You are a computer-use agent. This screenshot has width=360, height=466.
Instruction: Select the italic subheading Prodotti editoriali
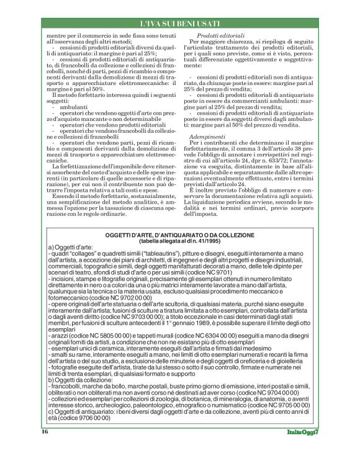click(217, 37)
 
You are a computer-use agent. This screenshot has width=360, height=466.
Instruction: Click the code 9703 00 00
click(136, 332)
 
